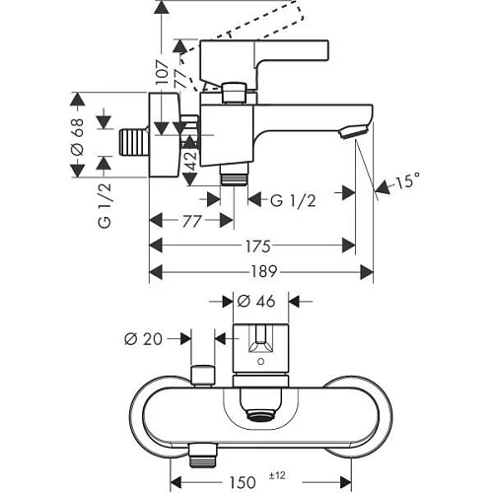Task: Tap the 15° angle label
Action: tap(408, 181)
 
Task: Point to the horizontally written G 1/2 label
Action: tap(293, 201)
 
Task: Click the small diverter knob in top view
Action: tap(204, 375)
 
